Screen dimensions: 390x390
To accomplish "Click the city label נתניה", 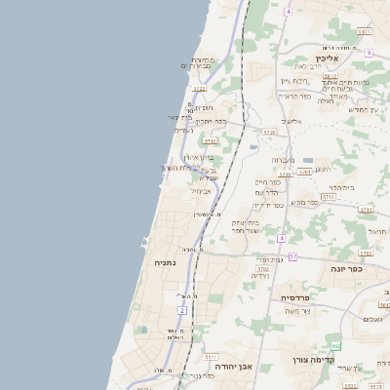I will pyautogui.click(x=165, y=262).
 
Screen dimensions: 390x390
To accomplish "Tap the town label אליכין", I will pyautogui.click(x=340, y=58).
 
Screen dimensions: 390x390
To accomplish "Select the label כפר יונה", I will pyautogui.click(x=346, y=268).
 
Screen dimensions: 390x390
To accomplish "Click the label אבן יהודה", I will pyautogui.click(x=233, y=366).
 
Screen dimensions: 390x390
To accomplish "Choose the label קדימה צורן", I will pyautogui.click(x=313, y=360).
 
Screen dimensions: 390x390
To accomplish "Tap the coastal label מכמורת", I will pyautogui.click(x=202, y=60).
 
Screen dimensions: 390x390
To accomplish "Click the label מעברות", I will pyautogui.click(x=283, y=159).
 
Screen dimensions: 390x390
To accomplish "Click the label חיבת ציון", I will pyautogui.click(x=292, y=81).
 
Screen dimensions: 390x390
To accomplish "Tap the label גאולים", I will pyautogui.click(x=372, y=319).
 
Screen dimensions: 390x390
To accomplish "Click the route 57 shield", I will pyautogui.click(x=292, y=255).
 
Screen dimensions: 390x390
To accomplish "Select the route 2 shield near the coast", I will pyautogui.click(x=181, y=310).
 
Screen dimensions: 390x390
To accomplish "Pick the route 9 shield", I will pyautogui.click(x=370, y=53).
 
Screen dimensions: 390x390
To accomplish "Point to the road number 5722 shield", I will pyautogui.click(x=199, y=89).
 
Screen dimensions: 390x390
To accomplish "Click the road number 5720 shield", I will pyautogui.click(x=285, y=175).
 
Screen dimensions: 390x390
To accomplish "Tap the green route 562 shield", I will pyautogui.click(x=335, y=346).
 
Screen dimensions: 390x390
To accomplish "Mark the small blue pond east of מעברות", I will pyautogui.click(x=308, y=160).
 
